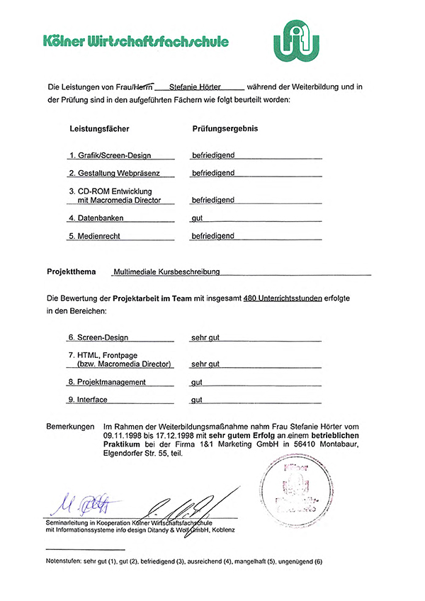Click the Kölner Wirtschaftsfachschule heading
tap(135, 41)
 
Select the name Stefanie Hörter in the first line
tap(196, 87)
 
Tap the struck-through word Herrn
tap(140, 87)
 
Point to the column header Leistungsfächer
tap(99, 129)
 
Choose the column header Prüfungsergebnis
tap(225, 129)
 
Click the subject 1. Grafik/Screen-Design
tap(119, 155)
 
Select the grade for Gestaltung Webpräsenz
tap(213, 173)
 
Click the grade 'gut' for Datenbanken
tap(198, 218)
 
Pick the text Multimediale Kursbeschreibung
tap(166, 271)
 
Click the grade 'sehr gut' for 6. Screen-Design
tap(205, 337)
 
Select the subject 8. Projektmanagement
tap(107, 382)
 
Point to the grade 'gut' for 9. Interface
tap(198, 400)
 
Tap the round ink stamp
tap(297, 489)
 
